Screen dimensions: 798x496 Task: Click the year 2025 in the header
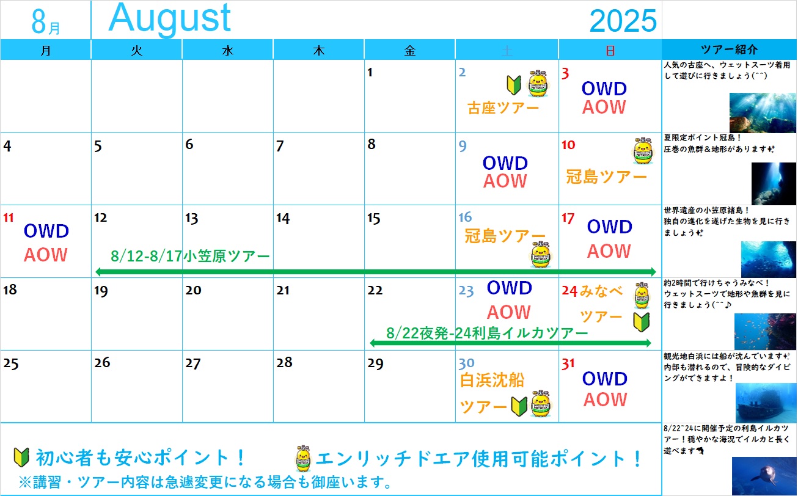[x=623, y=21]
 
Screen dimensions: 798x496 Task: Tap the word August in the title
[x=170, y=18]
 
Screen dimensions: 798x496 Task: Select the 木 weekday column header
[x=319, y=50]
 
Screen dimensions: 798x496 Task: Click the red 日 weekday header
[x=610, y=51]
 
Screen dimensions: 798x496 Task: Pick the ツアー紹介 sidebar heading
[x=729, y=49]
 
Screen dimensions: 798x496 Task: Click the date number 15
[x=374, y=218]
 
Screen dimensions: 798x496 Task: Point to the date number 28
[x=284, y=362]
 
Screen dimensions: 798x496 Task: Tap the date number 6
[x=189, y=144]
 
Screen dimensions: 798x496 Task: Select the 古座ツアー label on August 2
[x=503, y=108]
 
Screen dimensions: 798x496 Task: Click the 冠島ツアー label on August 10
[x=606, y=177]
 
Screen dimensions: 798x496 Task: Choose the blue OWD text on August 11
[x=46, y=231]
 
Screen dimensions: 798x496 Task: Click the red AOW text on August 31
[x=605, y=399]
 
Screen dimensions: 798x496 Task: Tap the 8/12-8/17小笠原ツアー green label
[x=190, y=256]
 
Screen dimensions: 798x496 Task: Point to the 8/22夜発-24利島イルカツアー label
[x=487, y=334]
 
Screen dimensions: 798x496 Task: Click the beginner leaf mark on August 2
[x=514, y=85]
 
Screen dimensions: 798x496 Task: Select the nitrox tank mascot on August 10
[x=643, y=151]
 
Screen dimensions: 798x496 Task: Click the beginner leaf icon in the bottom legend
[x=21, y=458]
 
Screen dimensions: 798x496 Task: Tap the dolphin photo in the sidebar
[x=764, y=476]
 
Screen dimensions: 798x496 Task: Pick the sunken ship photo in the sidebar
[x=766, y=403]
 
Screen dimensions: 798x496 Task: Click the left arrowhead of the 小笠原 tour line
[x=100, y=272]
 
